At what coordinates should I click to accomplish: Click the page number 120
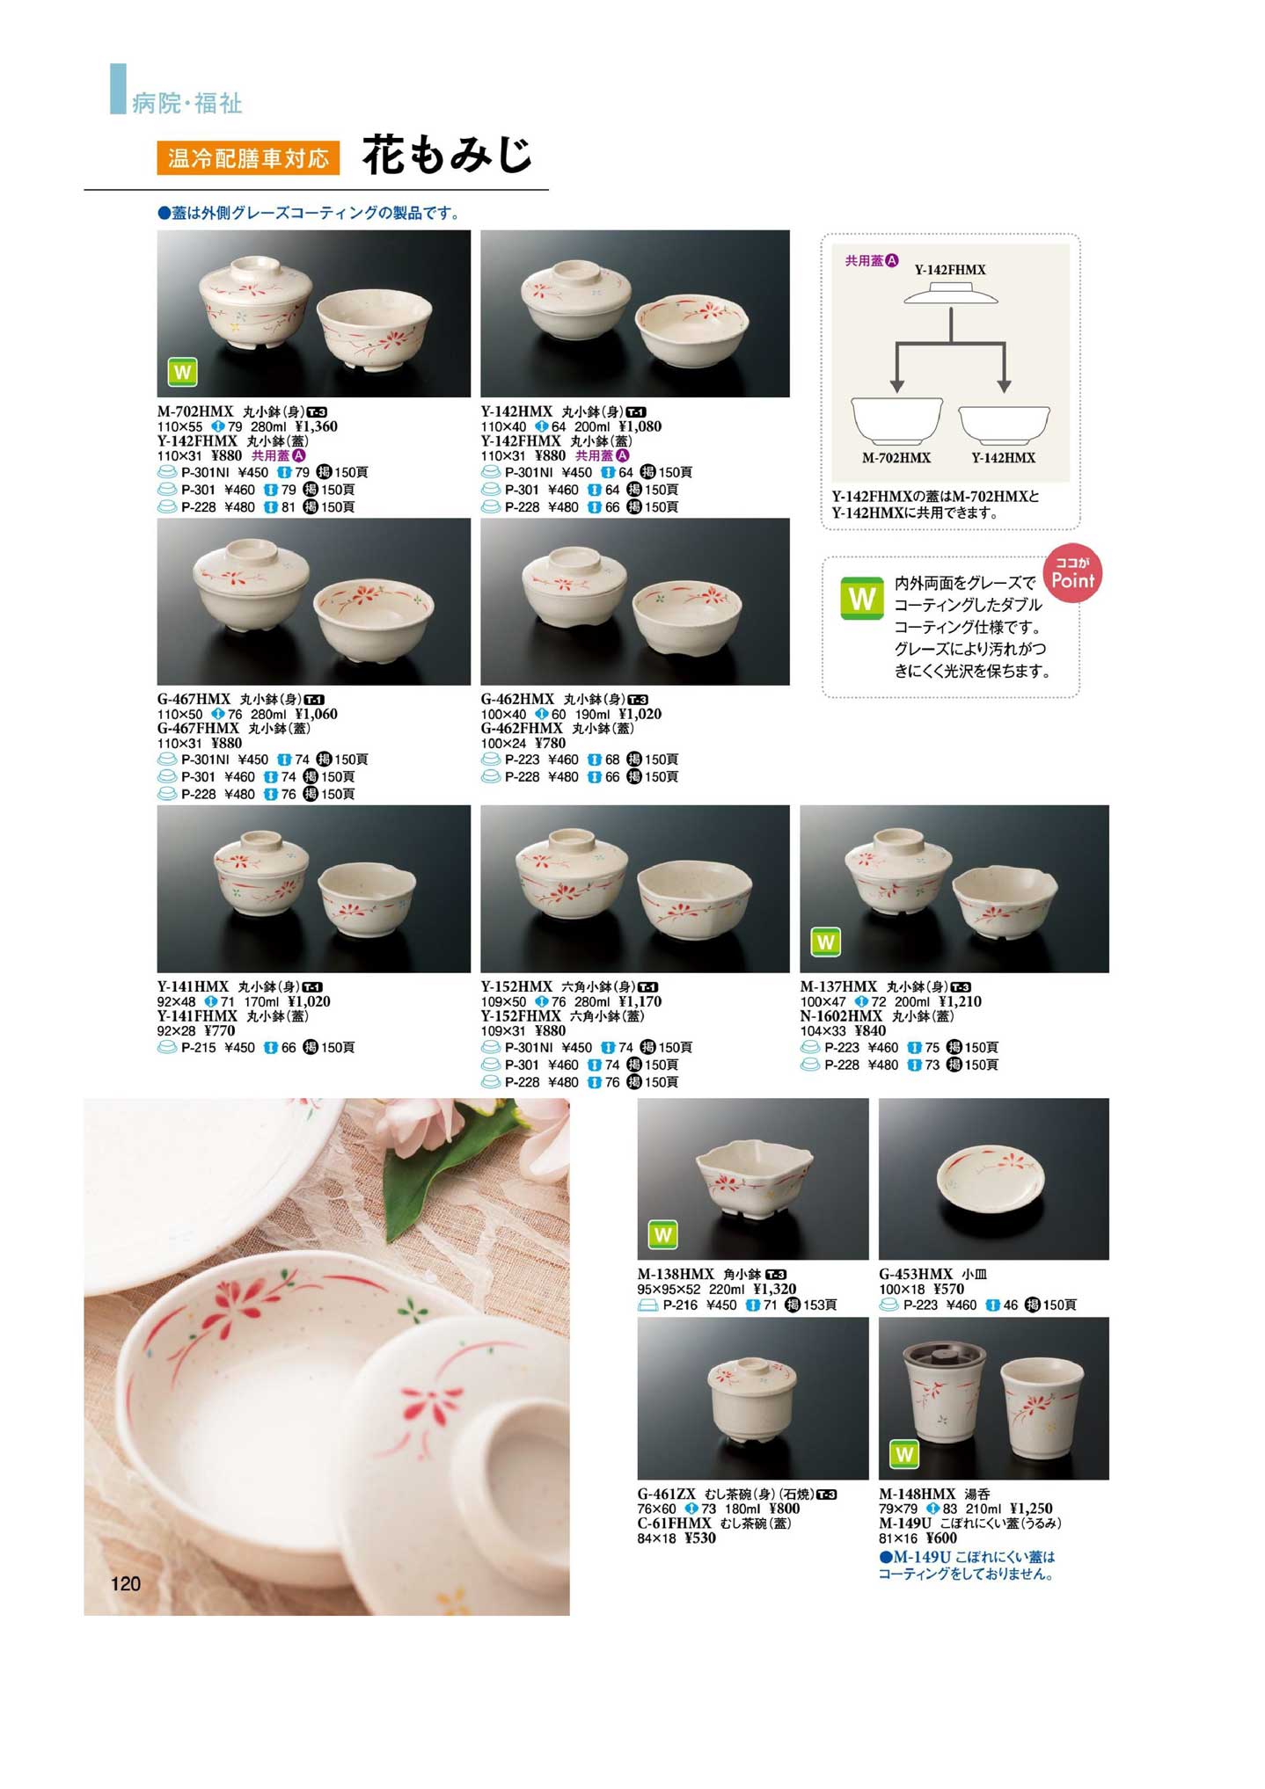[126, 1583]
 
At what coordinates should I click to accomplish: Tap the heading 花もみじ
[448, 156]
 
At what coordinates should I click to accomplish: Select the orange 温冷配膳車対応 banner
[249, 157]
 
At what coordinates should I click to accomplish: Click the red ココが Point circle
[1072, 575]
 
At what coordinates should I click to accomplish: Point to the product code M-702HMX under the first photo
[195, 411]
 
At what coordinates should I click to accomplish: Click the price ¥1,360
[317, 426]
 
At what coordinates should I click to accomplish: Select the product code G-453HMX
[916, 1274]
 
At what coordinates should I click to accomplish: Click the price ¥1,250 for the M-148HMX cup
[1031, 1509]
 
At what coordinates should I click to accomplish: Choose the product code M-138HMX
[676, 1274]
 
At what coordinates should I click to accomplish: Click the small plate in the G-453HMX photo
[992, 1180]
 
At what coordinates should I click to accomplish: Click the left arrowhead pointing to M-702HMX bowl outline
[896, 386]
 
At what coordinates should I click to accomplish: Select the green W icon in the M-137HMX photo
[825, 942]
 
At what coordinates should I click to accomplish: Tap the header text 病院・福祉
[186, 104]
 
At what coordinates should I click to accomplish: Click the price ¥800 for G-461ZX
[785, 1509]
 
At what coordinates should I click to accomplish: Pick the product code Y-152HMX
[516, 986]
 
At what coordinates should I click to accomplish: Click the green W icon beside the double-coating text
[862, 599]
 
